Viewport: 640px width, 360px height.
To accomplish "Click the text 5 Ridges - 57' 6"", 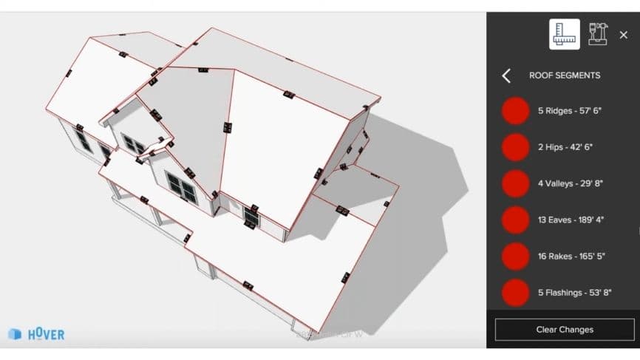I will [x=571, y=111].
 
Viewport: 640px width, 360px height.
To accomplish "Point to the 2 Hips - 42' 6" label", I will [x=565, y=147].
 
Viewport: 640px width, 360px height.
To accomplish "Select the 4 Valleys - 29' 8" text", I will [x=571, y=183].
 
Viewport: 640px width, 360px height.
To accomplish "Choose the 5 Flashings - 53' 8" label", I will [x=574, y=293].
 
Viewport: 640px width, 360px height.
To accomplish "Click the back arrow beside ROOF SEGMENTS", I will [x=506, y=75].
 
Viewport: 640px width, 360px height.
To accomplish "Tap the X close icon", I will [x=623, y=35].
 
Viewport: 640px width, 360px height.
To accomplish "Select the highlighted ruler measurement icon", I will [x=564, y=34].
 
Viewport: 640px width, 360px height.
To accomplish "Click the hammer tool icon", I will [x=597, y=34].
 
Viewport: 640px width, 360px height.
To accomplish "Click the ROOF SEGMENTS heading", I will [x=565, y=75].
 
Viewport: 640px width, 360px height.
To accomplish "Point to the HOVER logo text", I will [x=46, y=334].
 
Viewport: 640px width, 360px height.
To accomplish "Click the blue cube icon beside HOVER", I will [x=15, y=334].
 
